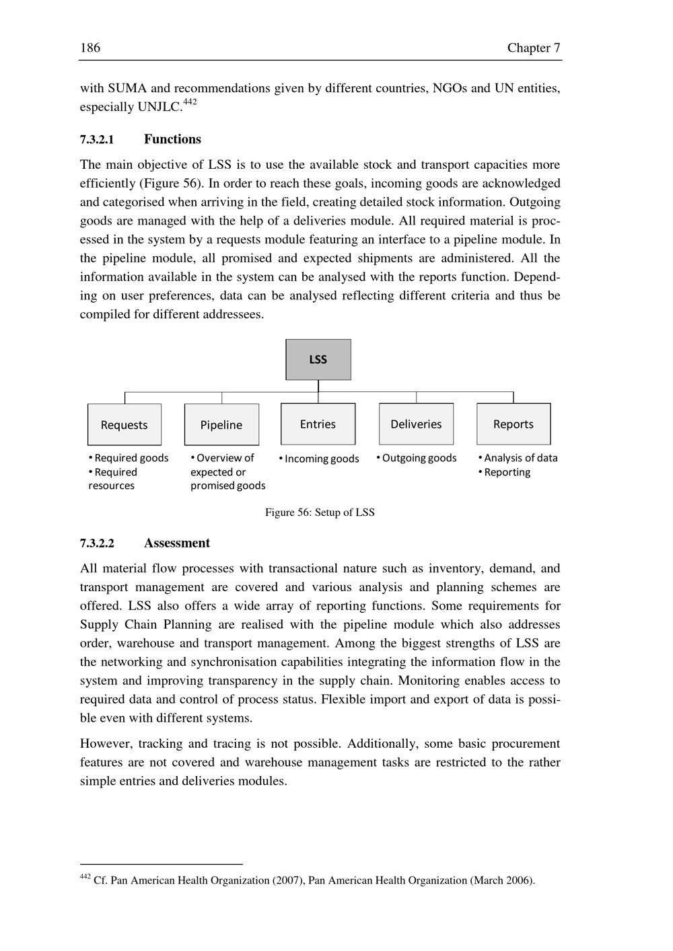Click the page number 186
90,48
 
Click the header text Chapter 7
534,48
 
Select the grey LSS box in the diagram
318,360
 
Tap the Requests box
125,424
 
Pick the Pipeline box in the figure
221,424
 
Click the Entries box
318,424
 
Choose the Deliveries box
416,424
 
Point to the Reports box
513,424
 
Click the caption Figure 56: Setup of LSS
320,512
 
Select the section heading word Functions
172,139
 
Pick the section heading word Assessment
176,543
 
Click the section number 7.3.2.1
97,140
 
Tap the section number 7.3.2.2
97,543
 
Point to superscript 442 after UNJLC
190,102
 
